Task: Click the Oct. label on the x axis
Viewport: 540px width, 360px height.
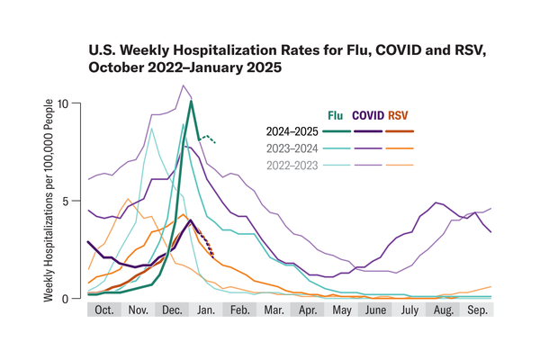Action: click(x=104, y=310)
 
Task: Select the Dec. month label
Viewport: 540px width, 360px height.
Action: click(x=172, y=310)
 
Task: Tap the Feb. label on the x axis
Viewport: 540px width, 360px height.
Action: click(x=240, y=310)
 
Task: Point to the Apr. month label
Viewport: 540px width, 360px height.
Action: click(x=308, y=310)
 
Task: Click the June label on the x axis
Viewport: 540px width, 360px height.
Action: click(x=375, y=310)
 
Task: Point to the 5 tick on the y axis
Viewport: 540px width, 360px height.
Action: click(x=76, y=201)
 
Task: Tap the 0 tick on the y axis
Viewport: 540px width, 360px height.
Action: click(x=76, y=298)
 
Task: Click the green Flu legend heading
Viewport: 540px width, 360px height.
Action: click(x=335, y=115)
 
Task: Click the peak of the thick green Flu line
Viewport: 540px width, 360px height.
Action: click(x=191, y=102)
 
